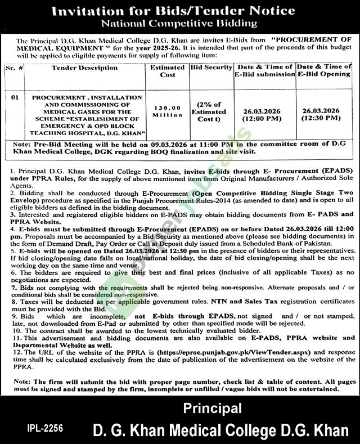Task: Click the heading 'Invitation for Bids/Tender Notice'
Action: point(180,11)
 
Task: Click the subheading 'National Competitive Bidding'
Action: point(179,24)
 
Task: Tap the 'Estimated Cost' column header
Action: point(167,71)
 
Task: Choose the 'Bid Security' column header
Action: point(211,68)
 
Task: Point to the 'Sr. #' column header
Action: point(17,68)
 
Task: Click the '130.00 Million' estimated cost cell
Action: point(167,111)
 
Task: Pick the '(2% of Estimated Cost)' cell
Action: point(211,111)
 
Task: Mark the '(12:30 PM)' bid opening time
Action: point(321,119)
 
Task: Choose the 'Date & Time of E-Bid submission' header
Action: point(264,71)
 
